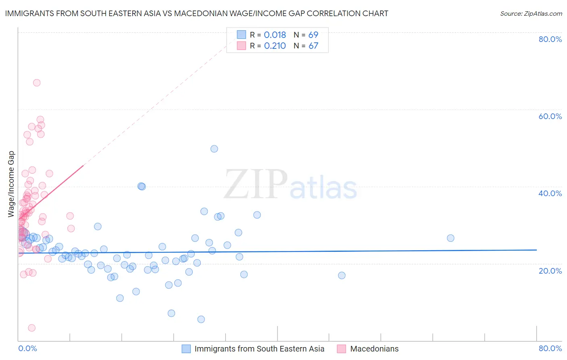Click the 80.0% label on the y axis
(x=550, y=39)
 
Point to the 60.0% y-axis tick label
(x=550, y=116)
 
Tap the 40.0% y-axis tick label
(x=550, y=193)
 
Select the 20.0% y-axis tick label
(x=550, y=270)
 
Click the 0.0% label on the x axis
(x=27, y=348)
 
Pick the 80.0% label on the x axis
(x=550, y=348)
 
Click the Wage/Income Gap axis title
(x=11, y=184)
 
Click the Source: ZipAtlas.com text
(x=531, y=14)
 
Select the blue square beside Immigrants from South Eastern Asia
(x=186, y=349)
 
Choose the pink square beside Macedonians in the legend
(x=342, y=349)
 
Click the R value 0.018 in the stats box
(x=275, y=35)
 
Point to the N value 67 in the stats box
(x=313, y=46)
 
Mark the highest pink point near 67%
(x=37, y=83)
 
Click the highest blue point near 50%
(x=214, y=149)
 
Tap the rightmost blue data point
(x=450, y=238)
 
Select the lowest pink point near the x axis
(x=31, y=328)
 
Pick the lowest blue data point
(x=201, y=319)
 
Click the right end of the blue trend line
(x=536, y=250)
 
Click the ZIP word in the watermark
(x=256, y=184)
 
